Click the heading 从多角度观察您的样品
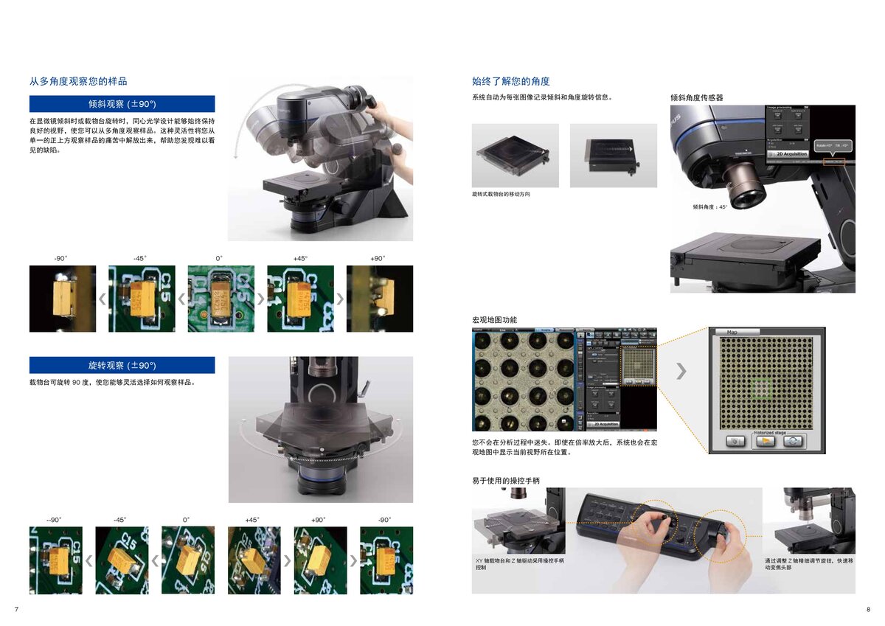click(78, 81)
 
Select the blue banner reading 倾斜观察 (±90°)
click(122, 104)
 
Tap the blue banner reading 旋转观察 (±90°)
click(122, 365)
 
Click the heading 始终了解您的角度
click(511, 81)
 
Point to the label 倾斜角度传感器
click(696, 97)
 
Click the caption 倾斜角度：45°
click(709, 207)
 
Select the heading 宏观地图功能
click(494, 320)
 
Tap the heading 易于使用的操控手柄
click(506, 481)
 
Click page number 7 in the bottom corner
click(16, 609)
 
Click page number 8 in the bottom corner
click(868, 609)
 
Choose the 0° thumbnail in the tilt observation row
click(221, 299)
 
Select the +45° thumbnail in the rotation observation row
click(254, 560)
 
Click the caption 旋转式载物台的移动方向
click(501, 194)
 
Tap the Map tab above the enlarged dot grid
click(732, 332)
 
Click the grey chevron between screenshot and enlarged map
click(681, 371)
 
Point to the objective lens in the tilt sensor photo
click(743, 186)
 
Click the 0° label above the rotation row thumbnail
click(187, 520)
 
